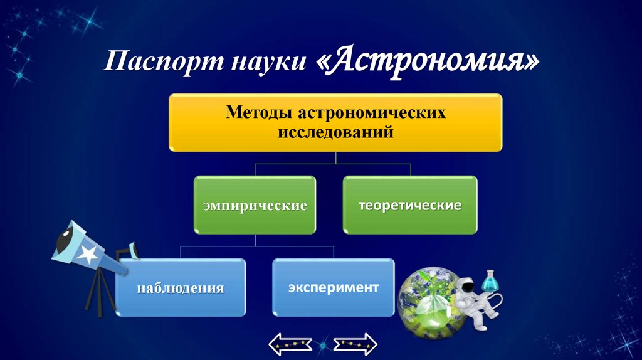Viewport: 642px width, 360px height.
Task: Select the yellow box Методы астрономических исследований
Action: point(335,122)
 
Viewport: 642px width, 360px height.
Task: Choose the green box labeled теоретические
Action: point(409,204)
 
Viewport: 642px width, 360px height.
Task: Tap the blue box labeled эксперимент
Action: point(333,287)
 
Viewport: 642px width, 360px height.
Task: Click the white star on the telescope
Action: point(88,253)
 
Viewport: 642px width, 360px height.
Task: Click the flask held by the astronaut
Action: point(490,281)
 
